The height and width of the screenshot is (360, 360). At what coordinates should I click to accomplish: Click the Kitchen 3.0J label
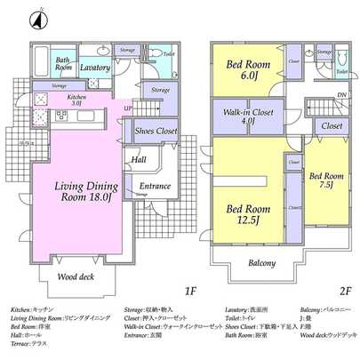point(76,100)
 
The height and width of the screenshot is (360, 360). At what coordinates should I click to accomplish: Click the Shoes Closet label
point(156,132)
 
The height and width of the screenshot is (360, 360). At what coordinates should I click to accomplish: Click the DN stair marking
point(341,94)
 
